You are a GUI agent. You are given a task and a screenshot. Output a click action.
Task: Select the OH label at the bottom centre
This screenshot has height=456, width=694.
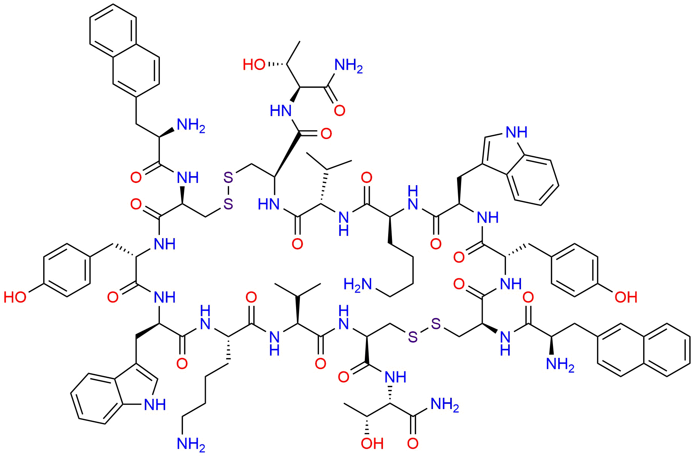click(x=372, y=444)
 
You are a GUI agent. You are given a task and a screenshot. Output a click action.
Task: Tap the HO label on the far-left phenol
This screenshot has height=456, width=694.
click(x=15, y=297)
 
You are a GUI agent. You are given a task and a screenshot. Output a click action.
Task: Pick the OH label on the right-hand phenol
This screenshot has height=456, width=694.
click(x=626, y=297)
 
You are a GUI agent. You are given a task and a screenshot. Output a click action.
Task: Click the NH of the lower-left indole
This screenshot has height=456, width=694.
click(x=155, y=405)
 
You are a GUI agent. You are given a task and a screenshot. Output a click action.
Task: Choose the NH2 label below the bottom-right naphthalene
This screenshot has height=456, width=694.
click(x=560, y=365)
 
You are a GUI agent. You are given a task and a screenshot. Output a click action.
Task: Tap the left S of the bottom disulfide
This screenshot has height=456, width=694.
click(x=412, y=338)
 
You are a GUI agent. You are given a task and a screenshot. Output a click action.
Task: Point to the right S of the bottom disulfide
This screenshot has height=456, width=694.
click(x=436, y=323)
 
